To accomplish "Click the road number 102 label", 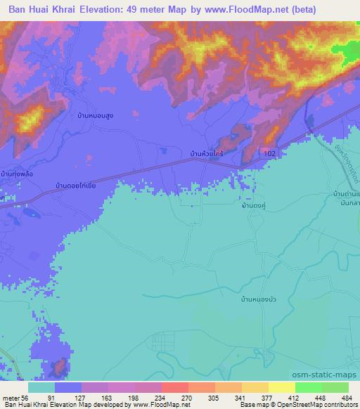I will click(x=272, y=152).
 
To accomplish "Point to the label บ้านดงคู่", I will click(x=253, y=207).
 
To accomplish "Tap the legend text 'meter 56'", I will click(x=15, y=397).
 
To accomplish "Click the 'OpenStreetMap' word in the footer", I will click(x=303, y=405).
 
